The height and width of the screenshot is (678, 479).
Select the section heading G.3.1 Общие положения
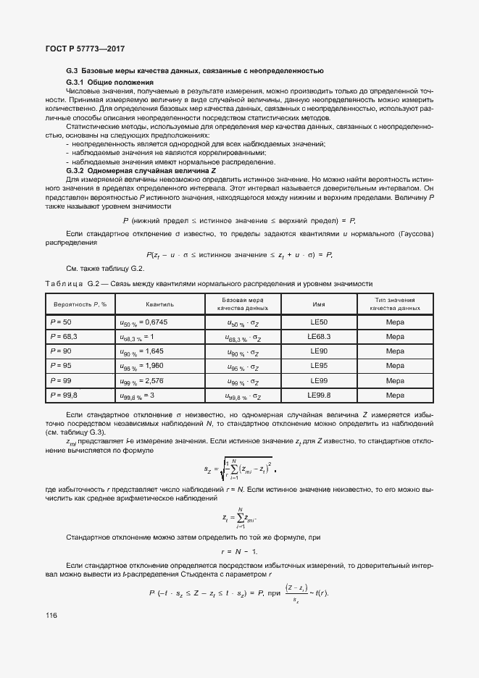tap(103, 83)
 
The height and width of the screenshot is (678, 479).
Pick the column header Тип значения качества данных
tap(394, 304)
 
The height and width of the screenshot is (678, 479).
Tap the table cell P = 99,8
tap(64, 395)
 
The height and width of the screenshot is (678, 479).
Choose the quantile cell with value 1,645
tap(142, 351)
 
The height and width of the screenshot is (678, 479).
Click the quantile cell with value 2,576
tap(142, 380)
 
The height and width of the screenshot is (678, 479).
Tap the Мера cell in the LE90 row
tap(394, 351)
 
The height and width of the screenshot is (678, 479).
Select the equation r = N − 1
tap(240, 551)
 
